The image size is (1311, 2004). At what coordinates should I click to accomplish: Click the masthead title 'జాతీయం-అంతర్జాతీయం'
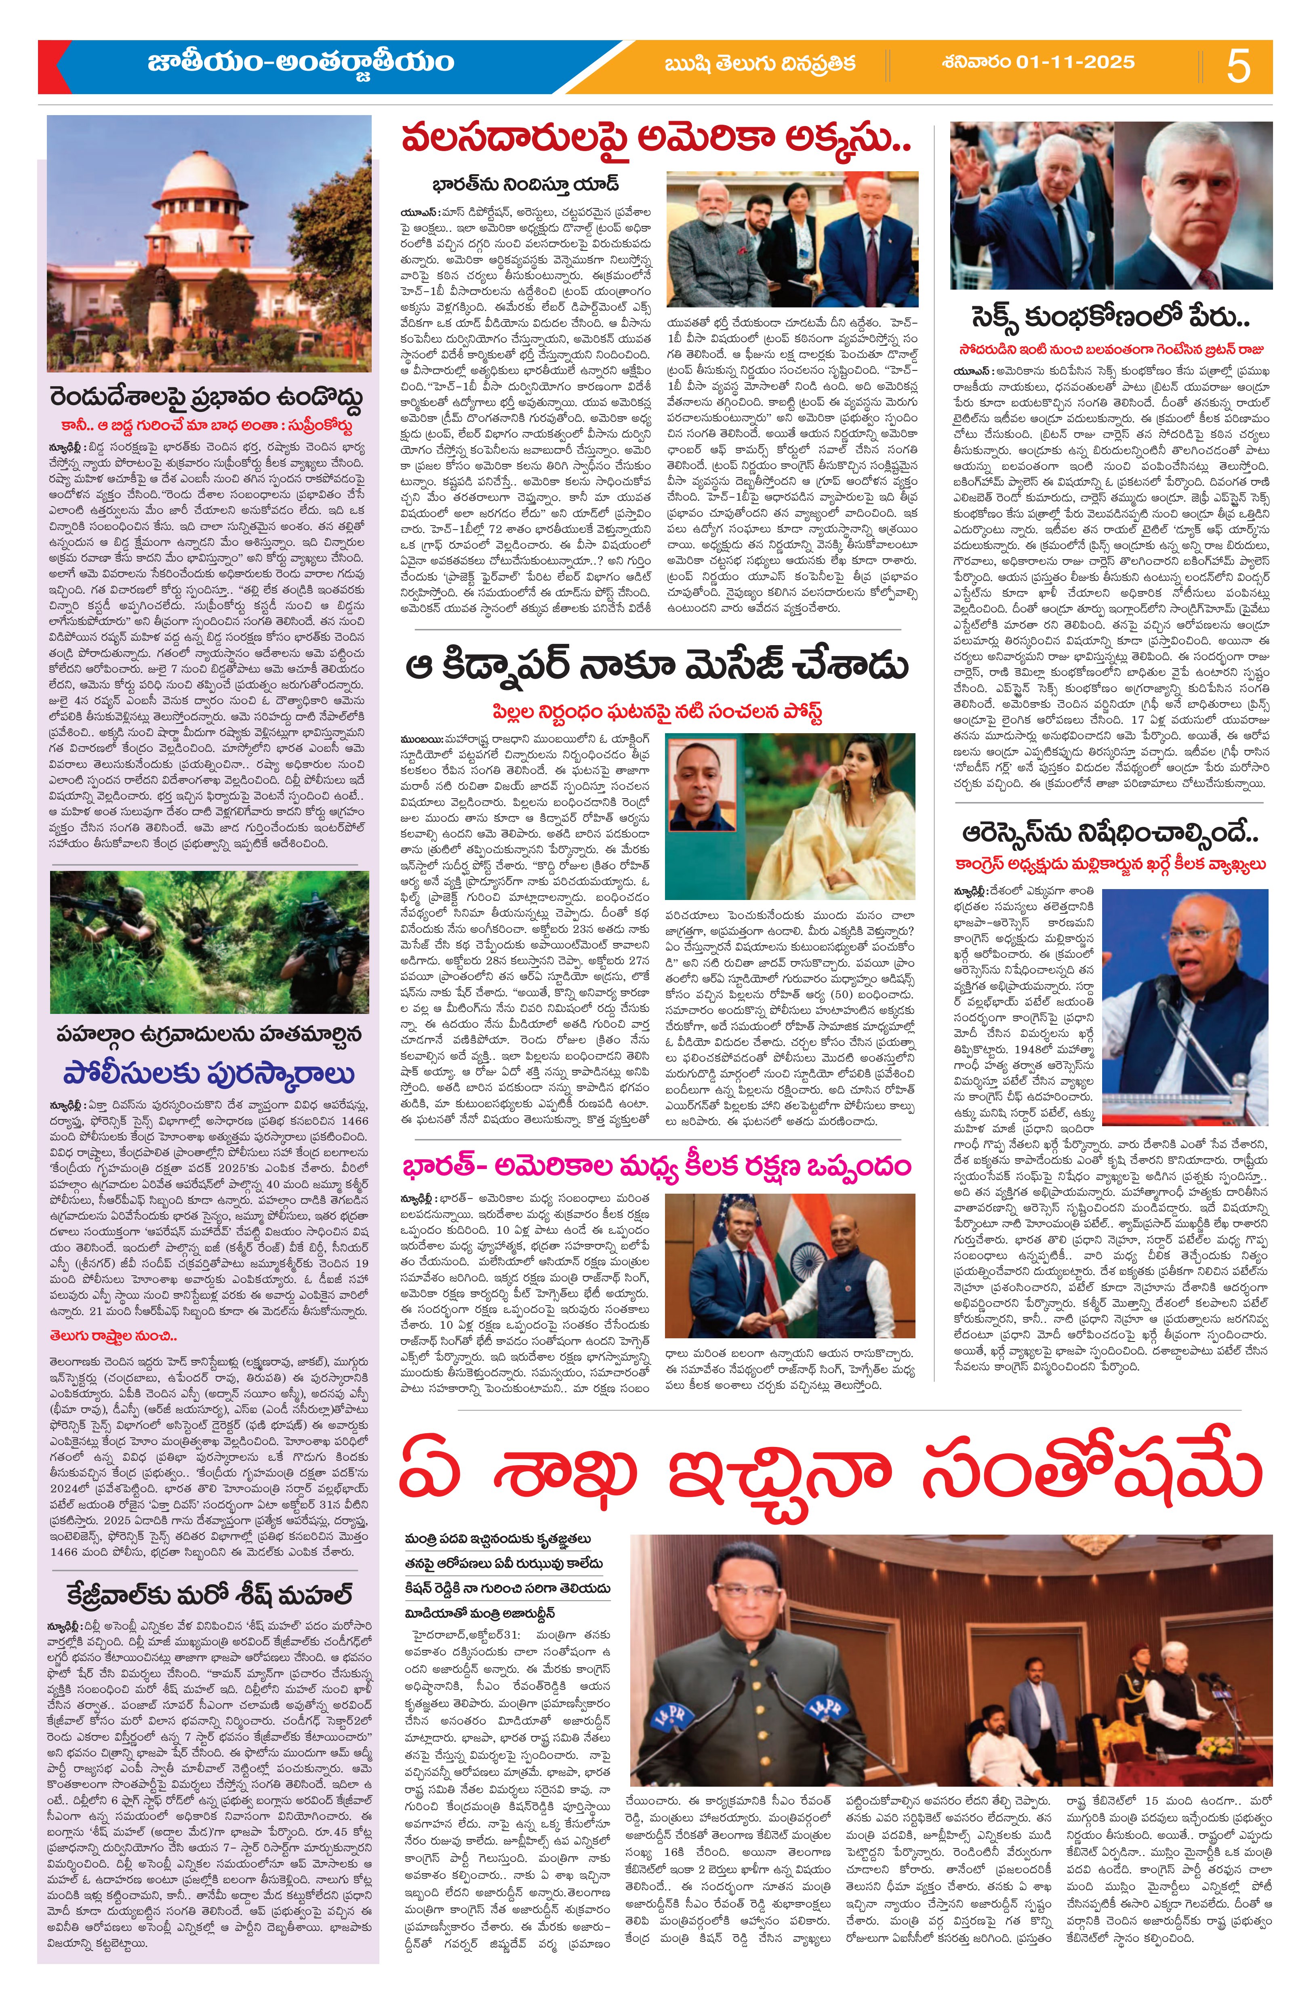point(301,62)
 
